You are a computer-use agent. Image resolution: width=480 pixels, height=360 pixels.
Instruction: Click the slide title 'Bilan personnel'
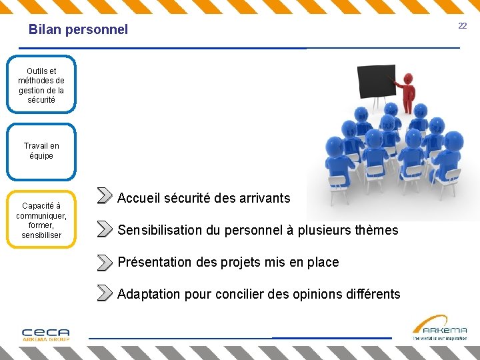78,29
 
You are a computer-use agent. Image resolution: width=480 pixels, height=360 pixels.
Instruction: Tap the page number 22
462,25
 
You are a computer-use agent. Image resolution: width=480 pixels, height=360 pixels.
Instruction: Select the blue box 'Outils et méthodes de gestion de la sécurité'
41,85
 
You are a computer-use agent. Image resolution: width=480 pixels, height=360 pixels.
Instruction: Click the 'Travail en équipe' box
41,151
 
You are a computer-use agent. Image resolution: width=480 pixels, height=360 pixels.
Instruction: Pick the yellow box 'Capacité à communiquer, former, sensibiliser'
41,220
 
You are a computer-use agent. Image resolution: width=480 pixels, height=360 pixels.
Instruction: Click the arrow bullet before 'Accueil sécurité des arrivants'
104,195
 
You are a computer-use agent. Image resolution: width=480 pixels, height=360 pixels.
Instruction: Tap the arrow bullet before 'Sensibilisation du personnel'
104,229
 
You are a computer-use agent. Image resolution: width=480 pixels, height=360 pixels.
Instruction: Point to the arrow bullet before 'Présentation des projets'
104,262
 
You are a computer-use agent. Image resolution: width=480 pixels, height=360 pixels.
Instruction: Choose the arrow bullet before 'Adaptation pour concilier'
104,293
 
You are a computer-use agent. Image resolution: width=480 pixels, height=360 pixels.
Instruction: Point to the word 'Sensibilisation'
159,230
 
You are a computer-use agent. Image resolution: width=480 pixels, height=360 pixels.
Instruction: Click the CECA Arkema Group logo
45,334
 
